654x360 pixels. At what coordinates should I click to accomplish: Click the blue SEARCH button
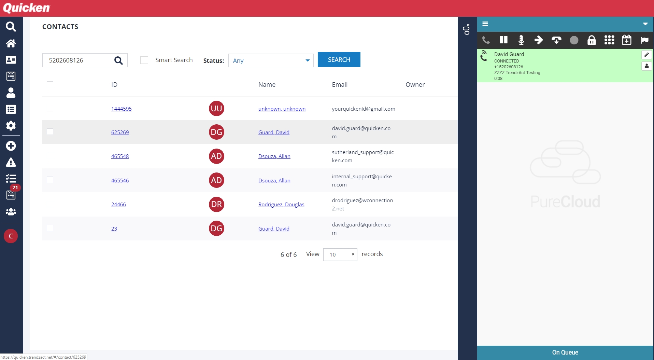click(x=339, y=60)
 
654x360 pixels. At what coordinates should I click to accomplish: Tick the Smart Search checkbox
click(x=144, y=60)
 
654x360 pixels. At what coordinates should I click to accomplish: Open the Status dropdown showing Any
click(x=271, y=60)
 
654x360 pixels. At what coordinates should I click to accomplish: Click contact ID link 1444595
click(x=121, y=109)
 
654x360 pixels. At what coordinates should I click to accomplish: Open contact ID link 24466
click(x=118, y=204)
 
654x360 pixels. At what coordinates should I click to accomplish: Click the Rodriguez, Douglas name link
click(x=281, y=204)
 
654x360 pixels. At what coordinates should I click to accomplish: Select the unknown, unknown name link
click(x=282, y=109)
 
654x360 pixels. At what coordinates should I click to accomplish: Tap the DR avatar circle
click(x=216, y=204)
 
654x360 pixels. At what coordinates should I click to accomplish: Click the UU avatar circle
click(x=216, y=109)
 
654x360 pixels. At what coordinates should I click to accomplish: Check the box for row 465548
click(x=50, y=156)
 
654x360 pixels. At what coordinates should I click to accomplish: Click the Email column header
click(x=340, y=84)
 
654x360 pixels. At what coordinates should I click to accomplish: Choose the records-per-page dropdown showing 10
click(x=340, y=254)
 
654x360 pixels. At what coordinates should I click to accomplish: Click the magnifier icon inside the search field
click(x=118, y=60)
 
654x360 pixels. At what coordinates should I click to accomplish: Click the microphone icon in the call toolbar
click(x=521, y=40)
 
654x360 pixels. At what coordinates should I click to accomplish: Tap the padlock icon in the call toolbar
click(x=592, y=40)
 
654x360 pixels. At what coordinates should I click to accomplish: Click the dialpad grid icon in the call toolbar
click(x=609, y=40)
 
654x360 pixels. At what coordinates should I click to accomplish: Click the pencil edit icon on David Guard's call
click(x=646, y=55)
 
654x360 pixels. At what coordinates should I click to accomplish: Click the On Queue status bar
click(x=565, y=352)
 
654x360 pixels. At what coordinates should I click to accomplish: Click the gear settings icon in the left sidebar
click(x=11, y=126)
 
